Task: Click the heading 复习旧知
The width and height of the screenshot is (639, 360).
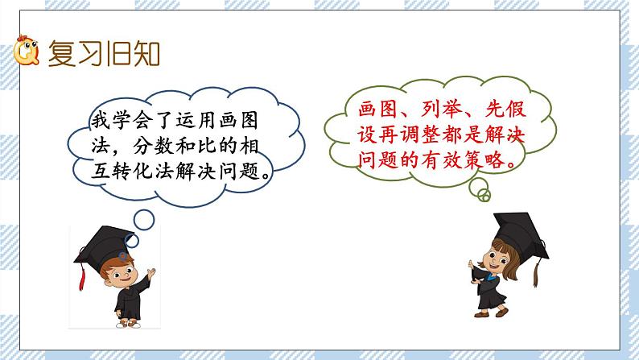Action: click(x=105, y=54)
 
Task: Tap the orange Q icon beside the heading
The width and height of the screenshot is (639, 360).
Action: click(x=27, y=54)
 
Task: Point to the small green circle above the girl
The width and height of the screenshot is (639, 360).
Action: click(x=483, y=196)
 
